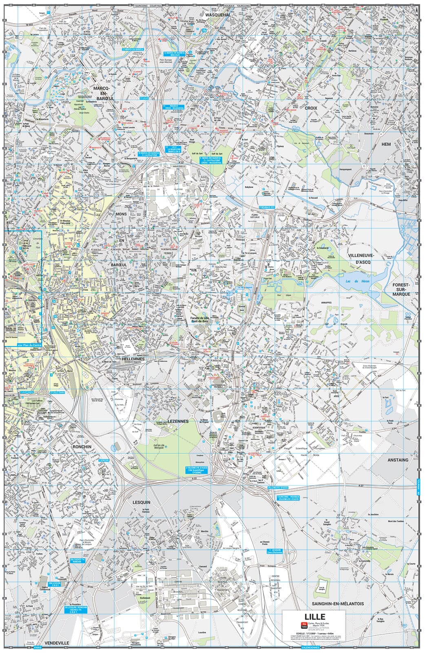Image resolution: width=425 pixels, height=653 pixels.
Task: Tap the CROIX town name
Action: pyautogui.click(x=311, y=108)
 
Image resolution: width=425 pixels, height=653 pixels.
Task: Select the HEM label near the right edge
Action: pyautogui.click(x=386, y=144)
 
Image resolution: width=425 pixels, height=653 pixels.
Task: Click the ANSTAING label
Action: pyautogui.click(x=398, y=460)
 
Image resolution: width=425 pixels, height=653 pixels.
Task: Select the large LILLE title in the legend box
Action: pyautogui.click(x=314, y=616)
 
